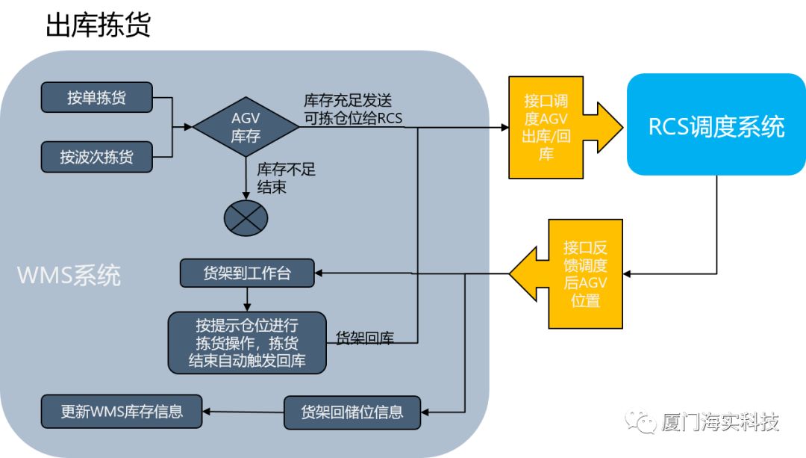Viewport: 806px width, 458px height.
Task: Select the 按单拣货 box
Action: [x=97, y=98]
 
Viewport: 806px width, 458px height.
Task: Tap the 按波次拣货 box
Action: [x=97, y=157]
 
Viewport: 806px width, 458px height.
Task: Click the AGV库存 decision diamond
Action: [x=246, y=128]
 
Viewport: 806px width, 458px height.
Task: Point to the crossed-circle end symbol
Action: [x=246, y=217]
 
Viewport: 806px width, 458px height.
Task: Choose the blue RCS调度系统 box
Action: [x=716, y=125]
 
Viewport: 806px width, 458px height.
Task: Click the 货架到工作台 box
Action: [x=248, y=273]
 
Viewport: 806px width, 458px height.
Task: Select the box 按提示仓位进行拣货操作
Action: [x=247, y=342]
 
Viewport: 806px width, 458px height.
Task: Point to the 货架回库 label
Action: [x=365, y=338]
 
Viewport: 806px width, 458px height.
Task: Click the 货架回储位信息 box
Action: [x=352, y=412]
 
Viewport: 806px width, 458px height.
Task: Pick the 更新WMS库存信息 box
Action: [x=122, y=411]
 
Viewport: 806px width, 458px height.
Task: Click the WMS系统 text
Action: [x=69, y=276]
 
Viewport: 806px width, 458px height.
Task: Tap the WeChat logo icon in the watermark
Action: [x=641, y=424]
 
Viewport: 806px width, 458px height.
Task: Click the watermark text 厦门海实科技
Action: [x=720, y=423]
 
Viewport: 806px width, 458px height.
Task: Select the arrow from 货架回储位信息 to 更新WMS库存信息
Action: [x=243, y=412]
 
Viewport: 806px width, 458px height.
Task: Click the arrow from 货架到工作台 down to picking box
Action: [x=247, y=300]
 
